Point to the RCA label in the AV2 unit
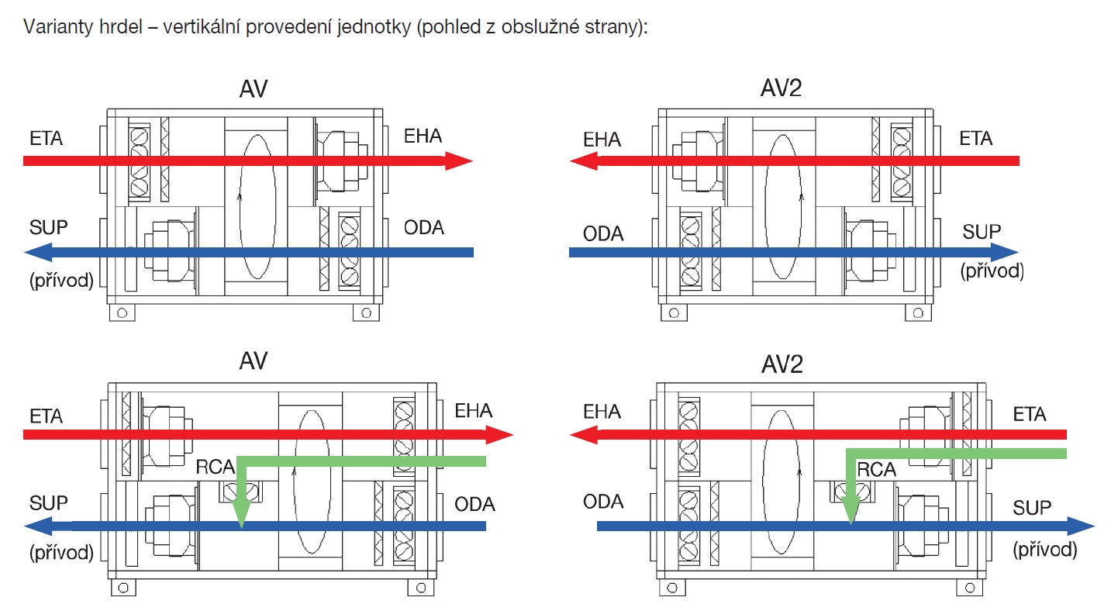coord(877,470)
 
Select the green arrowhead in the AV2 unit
coord(851,512)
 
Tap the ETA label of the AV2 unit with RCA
coord(1030,415)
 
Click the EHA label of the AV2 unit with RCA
coord(602,412)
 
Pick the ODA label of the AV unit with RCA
coord(474,505)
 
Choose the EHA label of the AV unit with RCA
coord(474,410)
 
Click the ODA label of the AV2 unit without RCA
coord(603,233)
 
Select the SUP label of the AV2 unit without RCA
coord(981,232)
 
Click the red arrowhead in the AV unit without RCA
coord(458,161)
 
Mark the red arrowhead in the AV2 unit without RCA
coord(582,161)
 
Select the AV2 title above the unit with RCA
coord(782,364)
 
